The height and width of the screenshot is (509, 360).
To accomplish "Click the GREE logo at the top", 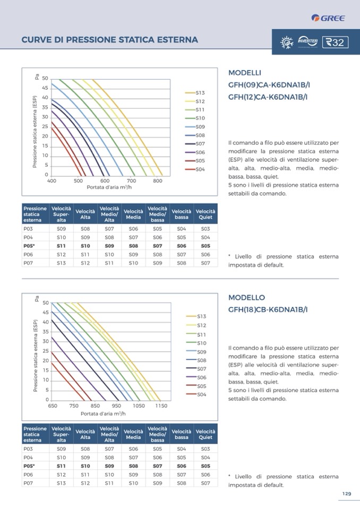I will coord(328,18).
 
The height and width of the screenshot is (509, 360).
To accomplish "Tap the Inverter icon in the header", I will coord(308,42).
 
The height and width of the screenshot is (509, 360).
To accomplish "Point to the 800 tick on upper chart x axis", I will coord(158,181).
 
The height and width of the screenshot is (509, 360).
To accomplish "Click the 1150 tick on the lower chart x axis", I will coord(161,406).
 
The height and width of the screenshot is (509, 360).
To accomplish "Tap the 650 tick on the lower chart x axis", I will coord(53,406).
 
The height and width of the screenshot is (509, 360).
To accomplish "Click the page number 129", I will coord(346,494).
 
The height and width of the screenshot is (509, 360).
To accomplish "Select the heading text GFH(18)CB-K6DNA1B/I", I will coord(268,309).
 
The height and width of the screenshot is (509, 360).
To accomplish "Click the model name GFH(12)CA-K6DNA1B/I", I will coord(268,97).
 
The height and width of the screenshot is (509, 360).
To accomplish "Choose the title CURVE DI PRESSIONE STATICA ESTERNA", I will coord(109,40).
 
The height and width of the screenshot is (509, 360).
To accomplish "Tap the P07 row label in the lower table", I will coord(29,483).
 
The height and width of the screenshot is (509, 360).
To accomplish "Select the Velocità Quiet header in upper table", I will coord(205,214).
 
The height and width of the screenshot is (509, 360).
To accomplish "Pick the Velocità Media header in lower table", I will coord(133,434).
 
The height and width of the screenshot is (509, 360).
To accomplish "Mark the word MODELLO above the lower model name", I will coord(246,297).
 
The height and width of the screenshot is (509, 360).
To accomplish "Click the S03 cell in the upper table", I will coord(205,229).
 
